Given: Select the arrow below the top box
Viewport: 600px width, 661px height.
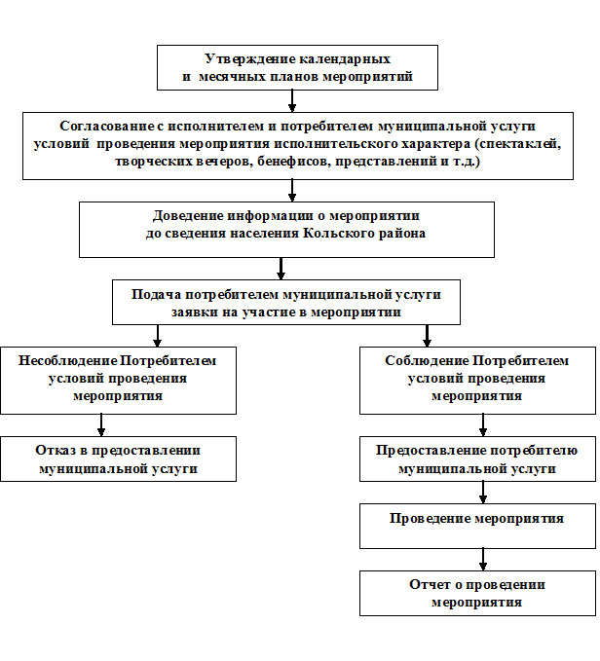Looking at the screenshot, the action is coord(292,101).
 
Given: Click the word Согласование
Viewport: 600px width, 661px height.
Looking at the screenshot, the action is coord(107,126).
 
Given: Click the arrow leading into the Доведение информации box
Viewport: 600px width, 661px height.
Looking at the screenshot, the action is coord(292,191).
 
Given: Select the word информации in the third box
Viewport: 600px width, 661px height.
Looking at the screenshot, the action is coord(270,216).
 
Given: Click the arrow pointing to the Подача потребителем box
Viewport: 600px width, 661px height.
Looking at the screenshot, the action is coord(281,269).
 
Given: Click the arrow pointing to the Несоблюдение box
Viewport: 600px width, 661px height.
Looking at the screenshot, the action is coord(157,336).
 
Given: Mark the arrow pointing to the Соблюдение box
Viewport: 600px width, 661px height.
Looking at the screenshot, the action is coord(428,336).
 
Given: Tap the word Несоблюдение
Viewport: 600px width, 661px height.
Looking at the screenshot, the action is coord(68,361).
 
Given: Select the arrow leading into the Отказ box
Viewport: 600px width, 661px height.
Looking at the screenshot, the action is coord(100,425).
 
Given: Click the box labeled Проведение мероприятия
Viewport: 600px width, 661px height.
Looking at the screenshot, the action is coord(477,526).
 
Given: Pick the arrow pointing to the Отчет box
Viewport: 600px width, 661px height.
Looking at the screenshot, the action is coord(483,560).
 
